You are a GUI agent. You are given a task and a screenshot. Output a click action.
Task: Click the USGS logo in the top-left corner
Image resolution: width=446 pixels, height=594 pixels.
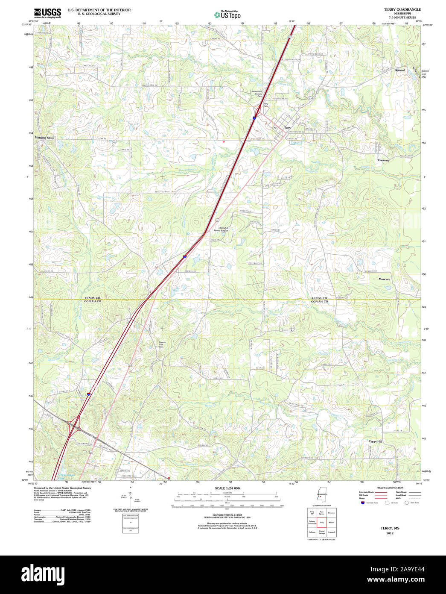pyautogui.click(x=47, y=12)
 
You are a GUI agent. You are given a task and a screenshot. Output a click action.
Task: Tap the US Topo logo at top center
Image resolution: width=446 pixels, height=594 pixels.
pyautogui.click(x=227, y=15)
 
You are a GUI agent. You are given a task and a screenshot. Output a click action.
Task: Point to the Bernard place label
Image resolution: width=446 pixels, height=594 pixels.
pyautogui.click(x=399, y=70)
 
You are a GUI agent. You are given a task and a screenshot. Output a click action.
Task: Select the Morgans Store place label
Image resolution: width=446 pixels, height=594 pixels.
pyautogui.click(x=44, y=138)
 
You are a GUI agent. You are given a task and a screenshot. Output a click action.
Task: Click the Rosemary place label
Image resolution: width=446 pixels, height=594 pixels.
pyautogui.click(x=383, y=160)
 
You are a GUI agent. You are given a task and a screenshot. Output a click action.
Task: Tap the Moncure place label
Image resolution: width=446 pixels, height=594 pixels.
pyautogui.click(x=384, y=279)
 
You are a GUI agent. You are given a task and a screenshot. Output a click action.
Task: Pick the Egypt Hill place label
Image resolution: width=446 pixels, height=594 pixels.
pyautogui.click(x=376, y=441)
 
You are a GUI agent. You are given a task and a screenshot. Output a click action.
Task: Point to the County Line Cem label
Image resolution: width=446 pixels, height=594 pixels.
pyautogui.click(x=162, y=344)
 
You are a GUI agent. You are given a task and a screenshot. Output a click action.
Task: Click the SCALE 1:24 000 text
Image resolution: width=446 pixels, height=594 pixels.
pyautogui.click(x=227, y=488)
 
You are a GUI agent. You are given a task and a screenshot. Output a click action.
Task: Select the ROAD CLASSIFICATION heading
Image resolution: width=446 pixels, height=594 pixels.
pyautogui.click(x=389, y=488)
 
